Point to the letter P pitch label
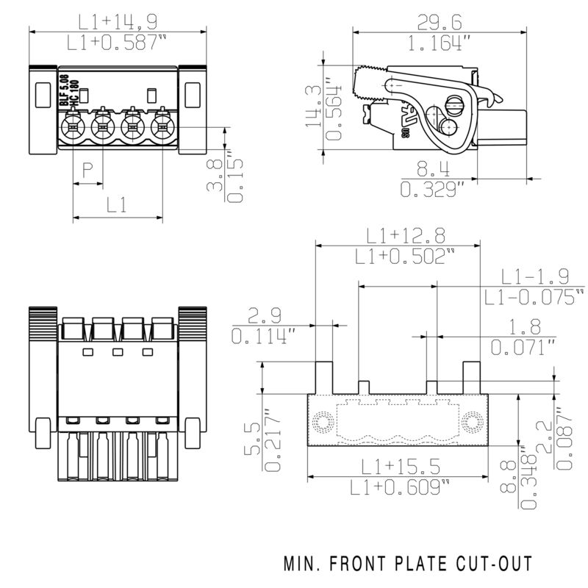tap(87, 171)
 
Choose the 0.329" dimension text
tap(432, 190)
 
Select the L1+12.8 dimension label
tap(406, 235)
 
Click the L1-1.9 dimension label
tap(535, 276)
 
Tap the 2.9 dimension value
tap(263, 316)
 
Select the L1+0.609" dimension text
tap(401, 487)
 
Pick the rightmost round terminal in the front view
tap(162, 126)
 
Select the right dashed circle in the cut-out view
tap(470, 423)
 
